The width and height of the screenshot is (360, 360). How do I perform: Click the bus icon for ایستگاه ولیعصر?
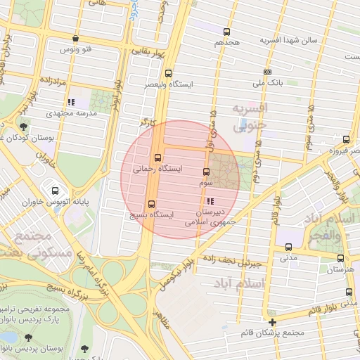point(168,73)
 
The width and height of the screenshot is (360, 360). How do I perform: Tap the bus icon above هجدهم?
point(226,32)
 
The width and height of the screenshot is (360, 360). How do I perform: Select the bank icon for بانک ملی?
point(267,72)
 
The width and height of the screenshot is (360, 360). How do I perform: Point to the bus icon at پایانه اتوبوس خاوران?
point(55,190)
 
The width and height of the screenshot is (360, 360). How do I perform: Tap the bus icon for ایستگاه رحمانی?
point(157,157)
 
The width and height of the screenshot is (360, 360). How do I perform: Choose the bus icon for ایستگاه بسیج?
point(151,205)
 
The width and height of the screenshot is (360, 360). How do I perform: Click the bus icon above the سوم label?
point(206,172)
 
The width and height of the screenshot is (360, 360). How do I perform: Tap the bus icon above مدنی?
point(288,247)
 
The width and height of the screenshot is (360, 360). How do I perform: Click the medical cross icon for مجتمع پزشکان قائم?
point(272,322)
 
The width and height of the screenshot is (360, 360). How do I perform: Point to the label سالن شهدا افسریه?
point(289,40)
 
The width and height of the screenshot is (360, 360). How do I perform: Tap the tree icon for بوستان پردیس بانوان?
point(84,349)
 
